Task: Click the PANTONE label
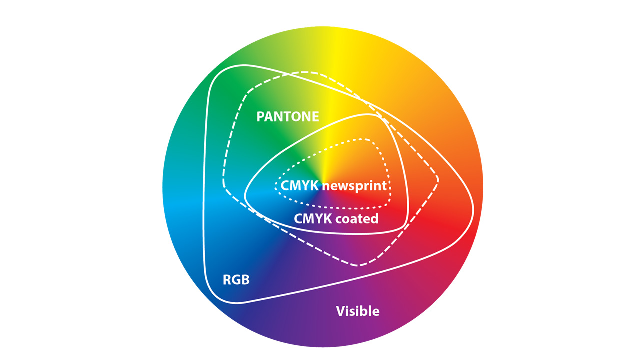[x=287, y=117]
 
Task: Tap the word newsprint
[x=354, y=186]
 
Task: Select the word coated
[x=356, y=219]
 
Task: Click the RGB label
[x=236, y=279]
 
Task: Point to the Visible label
[x=357, y=311]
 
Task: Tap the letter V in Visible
[x=340, y=311]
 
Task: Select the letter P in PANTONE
[x=260, y=117]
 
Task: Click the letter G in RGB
[x=236, y=279]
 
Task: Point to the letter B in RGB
[x=245, y=279]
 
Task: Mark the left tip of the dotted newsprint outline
[x=275, y=186]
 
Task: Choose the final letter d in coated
[x=375, y=219]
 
